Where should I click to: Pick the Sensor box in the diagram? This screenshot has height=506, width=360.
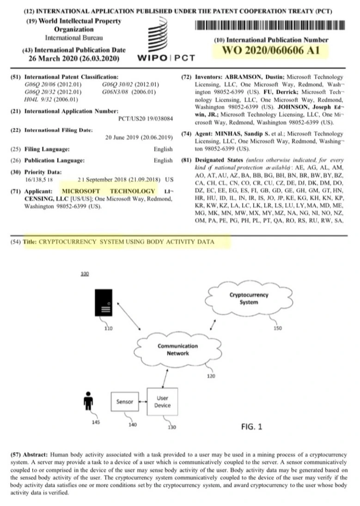[x=125, y=402]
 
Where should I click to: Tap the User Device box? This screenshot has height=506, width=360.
[x=162, y=402]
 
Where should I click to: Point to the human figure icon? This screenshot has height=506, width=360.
[x=85, y=401]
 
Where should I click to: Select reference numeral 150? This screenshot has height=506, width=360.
[x=277, y=329]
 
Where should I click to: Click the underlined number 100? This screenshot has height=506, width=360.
[x=84, y=274]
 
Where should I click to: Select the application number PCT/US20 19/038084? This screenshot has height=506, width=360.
[x=146, y=119]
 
